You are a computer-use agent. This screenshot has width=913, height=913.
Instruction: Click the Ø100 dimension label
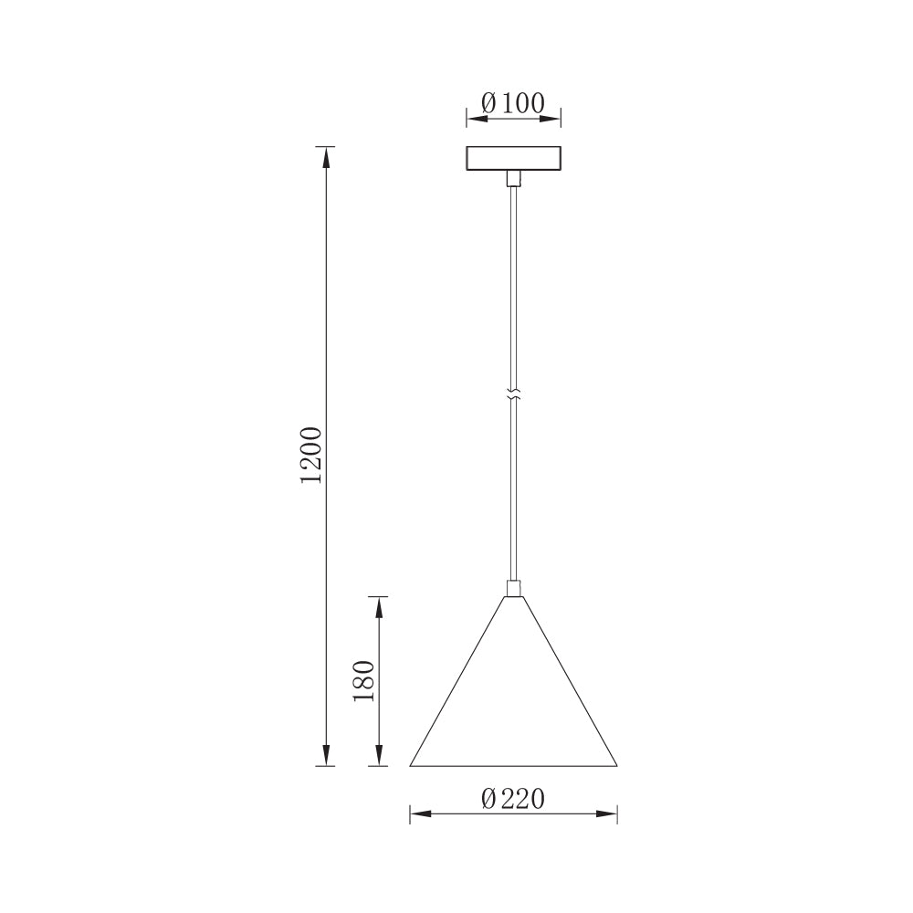[x=512, y=102]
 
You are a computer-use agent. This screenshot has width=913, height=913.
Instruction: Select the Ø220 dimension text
[x=513, y=799]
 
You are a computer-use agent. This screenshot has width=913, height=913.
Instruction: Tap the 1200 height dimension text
[x=311, y=454]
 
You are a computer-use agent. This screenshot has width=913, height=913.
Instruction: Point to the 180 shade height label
[x=364, y=680]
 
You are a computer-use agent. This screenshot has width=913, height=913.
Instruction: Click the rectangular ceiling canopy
[x=513, y=158]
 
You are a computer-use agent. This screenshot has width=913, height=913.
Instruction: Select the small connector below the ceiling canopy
[x=513, y=177]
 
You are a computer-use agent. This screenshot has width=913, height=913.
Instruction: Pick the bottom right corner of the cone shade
[x=616, y=764]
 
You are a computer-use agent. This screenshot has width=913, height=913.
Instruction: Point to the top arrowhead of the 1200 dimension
[x=325, y=156]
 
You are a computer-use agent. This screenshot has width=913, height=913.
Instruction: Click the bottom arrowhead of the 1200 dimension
[x=325, y=755]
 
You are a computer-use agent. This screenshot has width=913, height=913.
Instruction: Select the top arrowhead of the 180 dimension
[x=377, y=606]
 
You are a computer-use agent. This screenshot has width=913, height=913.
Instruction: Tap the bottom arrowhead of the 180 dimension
[x=377, y=755]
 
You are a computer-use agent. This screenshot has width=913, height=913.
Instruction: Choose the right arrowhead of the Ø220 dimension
[x=608, y=813]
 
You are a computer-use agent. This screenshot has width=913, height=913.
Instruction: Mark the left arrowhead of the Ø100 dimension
[x=476, y=117]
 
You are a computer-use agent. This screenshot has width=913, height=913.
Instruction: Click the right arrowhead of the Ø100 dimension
[x=551, y=117]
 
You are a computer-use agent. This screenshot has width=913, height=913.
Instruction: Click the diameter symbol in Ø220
[x=489, y=799]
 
